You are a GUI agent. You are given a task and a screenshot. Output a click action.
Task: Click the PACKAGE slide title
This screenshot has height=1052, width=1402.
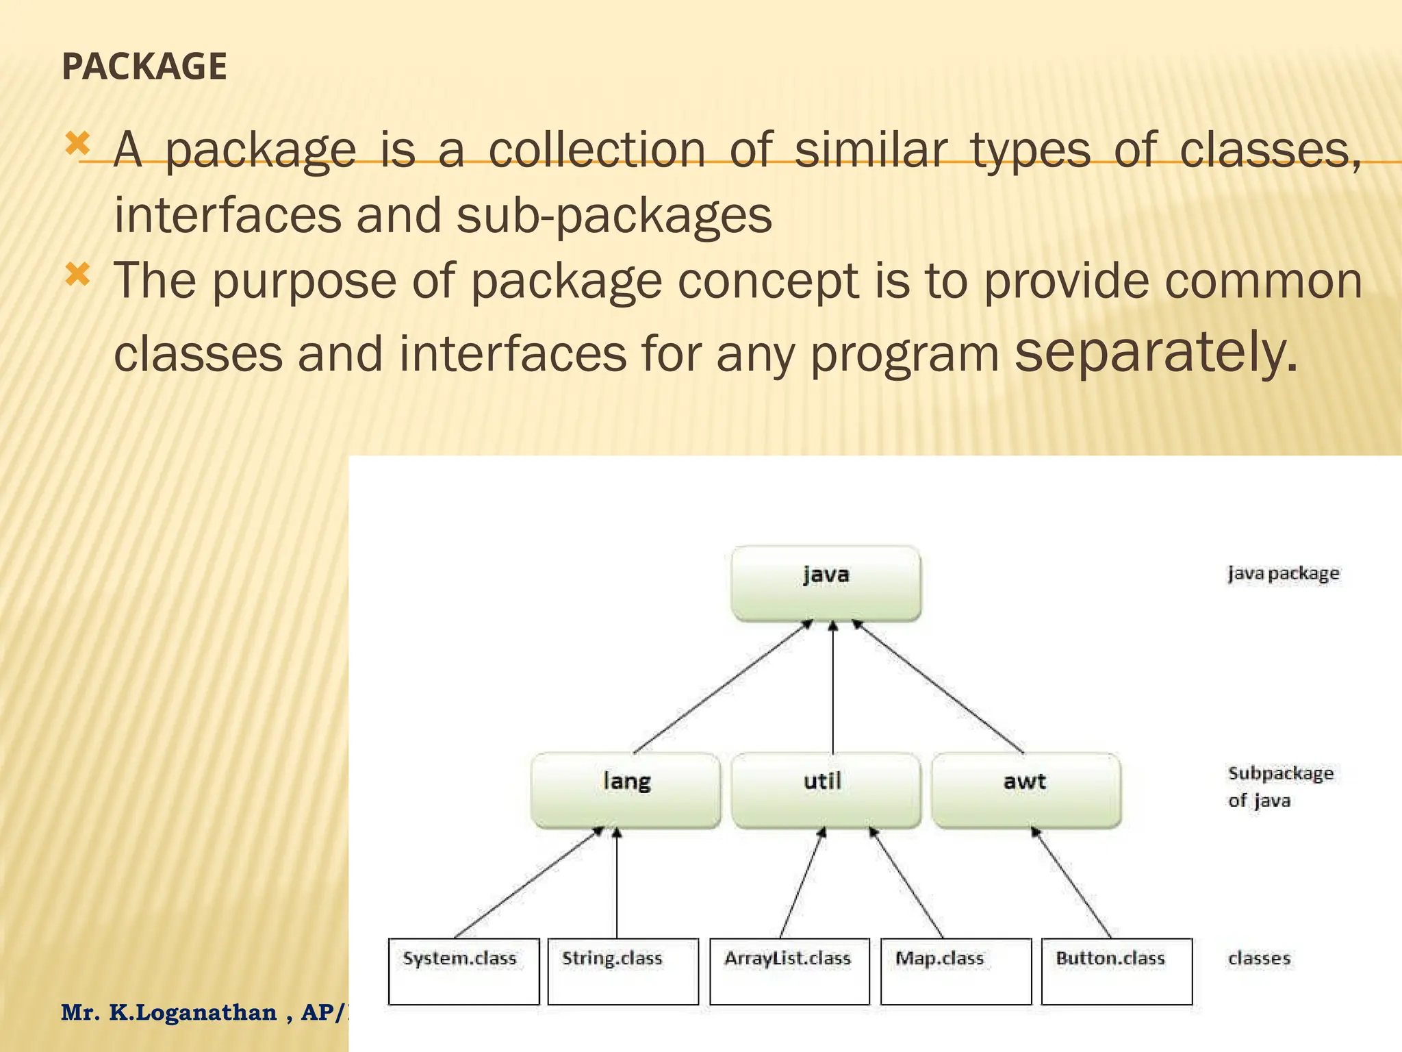pyautogui.click(x=144, y=66)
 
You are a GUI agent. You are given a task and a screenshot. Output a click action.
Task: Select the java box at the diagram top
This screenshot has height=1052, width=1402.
pyautogui.click(x=826, y=583)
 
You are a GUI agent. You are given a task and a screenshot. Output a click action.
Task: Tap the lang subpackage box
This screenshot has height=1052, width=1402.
pyautogui.click(x=626, y=790)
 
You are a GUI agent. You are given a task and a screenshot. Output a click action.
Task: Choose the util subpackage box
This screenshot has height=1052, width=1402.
pyautogui.click(x=826, y=790)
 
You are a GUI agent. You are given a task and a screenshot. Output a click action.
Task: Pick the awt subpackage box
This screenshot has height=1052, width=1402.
pyautogui.click(x=1025, y=790)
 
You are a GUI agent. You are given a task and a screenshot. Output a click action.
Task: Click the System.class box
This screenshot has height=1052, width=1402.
pyautogui.click(x=463, y=970)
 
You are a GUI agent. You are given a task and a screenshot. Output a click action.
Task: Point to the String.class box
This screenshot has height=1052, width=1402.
pyautogui.click(x=623, y=970)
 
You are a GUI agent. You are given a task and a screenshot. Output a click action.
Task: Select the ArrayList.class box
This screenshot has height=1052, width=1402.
pyautogui.click(x=789, y=970)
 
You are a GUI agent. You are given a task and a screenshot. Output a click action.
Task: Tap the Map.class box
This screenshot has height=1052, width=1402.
pyautogui.click(x=956, y=970)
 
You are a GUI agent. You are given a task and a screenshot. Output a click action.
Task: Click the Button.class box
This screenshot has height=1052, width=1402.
pyautogui.click(x=1117, y=970)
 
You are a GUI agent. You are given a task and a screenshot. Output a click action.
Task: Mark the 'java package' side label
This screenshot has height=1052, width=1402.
pyautogui.click(x=1283, y=573)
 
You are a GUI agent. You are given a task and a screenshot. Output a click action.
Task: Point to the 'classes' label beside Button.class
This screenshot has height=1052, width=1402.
pyautogui.click(x=1259, y=958)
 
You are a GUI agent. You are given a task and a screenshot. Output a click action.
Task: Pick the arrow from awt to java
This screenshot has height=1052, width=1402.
pyautogui.click(x=938, y=688)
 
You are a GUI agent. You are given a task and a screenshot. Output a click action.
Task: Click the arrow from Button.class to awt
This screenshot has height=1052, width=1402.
pyautogui.click(x=1071, y=883)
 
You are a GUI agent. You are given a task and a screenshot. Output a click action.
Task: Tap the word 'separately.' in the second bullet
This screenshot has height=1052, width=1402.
pyautogui.click(x=1155, y=351)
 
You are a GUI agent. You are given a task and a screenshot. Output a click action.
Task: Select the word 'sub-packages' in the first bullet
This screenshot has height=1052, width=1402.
pyautogui.click(x=614, y=215)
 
